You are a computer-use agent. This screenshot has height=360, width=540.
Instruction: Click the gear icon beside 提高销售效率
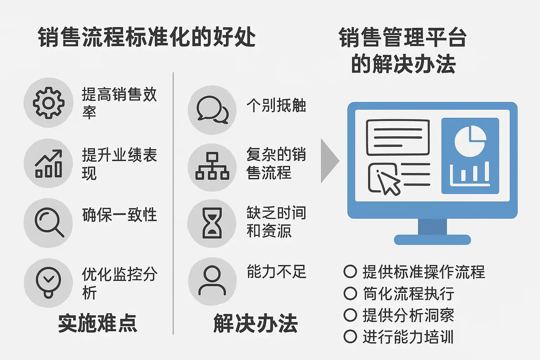pyautogui.click(x=49, y=103)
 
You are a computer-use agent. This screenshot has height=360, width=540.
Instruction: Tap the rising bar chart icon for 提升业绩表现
pyautogui.click(x=49, y=163)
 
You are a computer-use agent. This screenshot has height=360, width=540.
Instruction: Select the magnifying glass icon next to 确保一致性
pyautogui.click(x=49, y=223)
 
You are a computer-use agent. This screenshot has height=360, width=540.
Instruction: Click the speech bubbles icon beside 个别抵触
pyautogui.click(x=212, y=110)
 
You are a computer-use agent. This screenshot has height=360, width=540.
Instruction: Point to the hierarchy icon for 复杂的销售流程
pyautogui.click(x=212, y=167)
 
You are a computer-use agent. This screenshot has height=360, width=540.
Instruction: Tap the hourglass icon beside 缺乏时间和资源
pyautogui.click(x=212, y=223)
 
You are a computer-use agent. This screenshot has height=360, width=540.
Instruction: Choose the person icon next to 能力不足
pyautogui.click(x=212, y=281)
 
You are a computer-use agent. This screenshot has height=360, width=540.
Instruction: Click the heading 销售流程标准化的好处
pyautogui.click(x=147, y=37)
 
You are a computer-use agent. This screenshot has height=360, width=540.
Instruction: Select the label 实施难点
pyautogui.click(x=97, y=323)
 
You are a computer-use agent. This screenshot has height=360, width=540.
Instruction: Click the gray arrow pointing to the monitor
pyautogui.click(x=329, y=161)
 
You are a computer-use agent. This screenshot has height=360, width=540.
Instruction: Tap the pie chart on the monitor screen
pyautogui.click(x=470, y=141)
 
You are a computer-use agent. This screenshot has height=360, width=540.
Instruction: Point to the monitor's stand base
pyautogui.click(x=432, y=239)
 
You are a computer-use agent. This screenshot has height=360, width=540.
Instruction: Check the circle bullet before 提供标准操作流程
pyautogui.click(x=350, y=272)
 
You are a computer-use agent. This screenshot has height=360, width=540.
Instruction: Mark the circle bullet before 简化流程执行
pyautogui.click(x=350, y=294)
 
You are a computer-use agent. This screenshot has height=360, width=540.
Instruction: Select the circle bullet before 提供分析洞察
pyautogui.click(x=350, y=315)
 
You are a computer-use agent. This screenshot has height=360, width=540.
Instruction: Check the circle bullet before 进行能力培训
pyautogui.click(x=350, y=336)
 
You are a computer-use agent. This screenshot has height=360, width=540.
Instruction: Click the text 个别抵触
pyautogui.click(x=276, y=105)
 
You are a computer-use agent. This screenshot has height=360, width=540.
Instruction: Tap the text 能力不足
pyautogui.click(x=276, y=271)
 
